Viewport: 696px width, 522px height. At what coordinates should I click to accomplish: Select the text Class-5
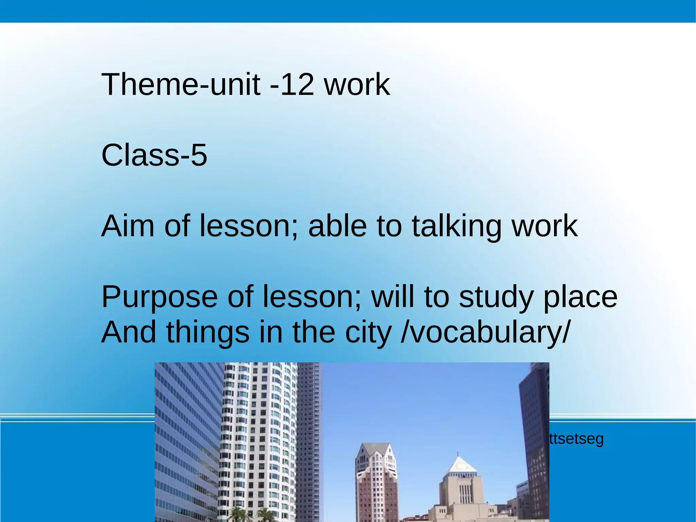point(154,155)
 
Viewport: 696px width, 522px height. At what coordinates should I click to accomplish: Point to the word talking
point(457,227)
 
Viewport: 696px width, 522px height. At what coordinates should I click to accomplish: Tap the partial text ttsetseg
point(576,439)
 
